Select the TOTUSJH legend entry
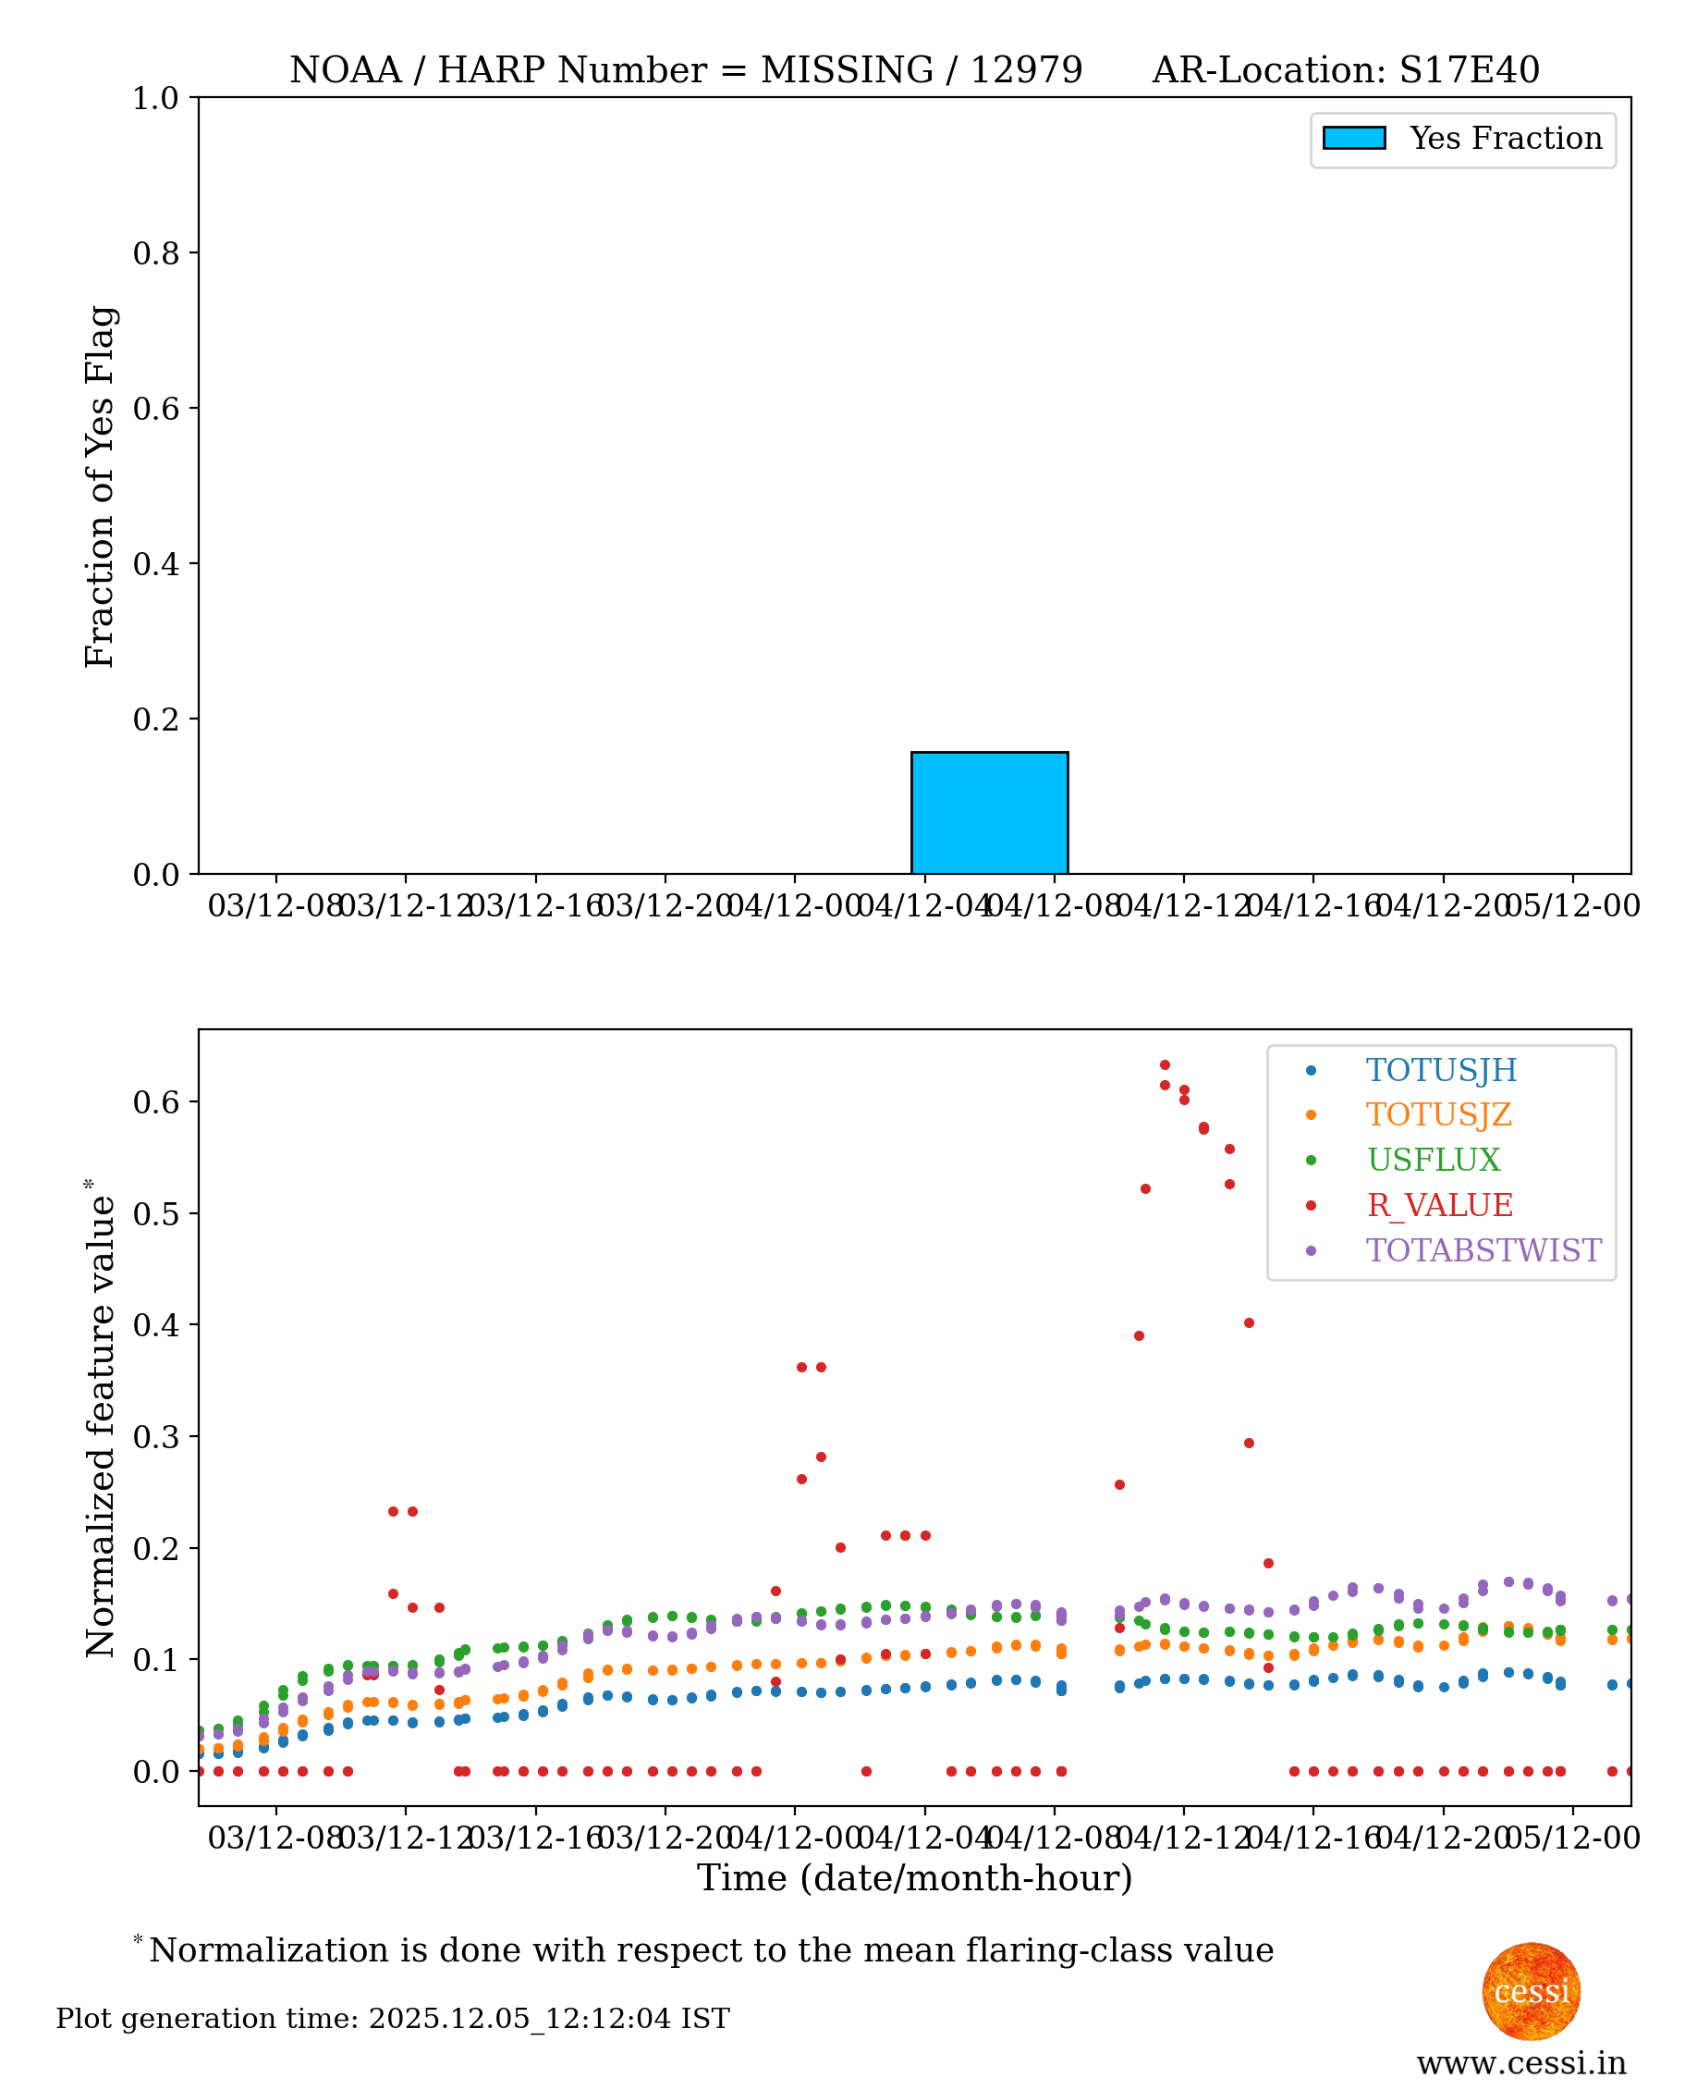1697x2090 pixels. pos(1440,1070)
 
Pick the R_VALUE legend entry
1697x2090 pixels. pos(1439,1205)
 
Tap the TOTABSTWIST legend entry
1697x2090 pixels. pos(1482,1250)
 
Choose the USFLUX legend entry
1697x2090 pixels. pos(1432,1160)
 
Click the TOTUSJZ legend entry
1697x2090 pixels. pos(1438,1115)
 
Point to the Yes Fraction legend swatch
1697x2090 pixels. pos(1353,139)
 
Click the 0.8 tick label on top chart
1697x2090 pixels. pos(156,253)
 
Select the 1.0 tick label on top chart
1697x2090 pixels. pos(156,99)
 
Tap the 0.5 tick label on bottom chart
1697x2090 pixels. pos(156,1213)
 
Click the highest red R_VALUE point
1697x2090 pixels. pos(1165,1065)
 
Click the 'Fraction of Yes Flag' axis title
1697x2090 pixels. pos(100,486)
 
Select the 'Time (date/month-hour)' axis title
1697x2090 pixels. pos(914,1878)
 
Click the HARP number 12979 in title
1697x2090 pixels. pos(1025,70)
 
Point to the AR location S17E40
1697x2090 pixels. pos(1470,70)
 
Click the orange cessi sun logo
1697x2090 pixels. pos(1531,1991)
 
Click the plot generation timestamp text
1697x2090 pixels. pos(392,2019)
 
